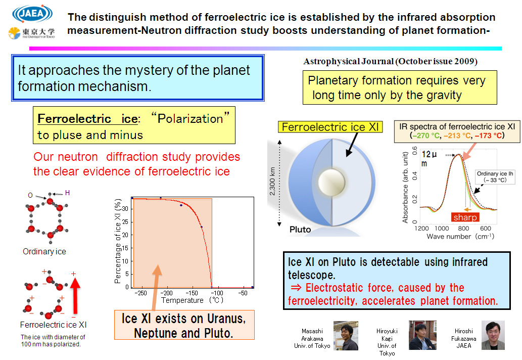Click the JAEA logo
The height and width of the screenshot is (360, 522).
(32, 14)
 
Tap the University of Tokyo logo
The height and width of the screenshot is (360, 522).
(32, 33)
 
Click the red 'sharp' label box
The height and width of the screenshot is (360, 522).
(465, 217)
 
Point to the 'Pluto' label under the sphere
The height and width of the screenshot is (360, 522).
(300, 230)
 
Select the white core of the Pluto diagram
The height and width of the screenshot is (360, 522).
(331, 182)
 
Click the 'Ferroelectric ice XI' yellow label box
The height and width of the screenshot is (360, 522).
(330, 127)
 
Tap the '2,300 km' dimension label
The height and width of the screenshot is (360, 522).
(273, 181)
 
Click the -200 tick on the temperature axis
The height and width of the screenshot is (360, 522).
(166, 293)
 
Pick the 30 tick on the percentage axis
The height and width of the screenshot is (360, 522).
(125, 209)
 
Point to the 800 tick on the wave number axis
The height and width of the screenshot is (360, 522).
(463, 229)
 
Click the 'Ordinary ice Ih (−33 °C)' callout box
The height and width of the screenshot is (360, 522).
(495, 177)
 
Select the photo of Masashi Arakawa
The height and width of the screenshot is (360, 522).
(346, 335)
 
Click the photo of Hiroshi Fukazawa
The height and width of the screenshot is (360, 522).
(493, 335)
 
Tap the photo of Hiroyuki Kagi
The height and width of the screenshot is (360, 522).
(422, 335)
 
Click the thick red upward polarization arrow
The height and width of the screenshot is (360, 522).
(75, 296)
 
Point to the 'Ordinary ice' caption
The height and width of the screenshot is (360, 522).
(44, 251)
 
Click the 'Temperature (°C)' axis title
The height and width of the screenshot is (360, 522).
(192, 300)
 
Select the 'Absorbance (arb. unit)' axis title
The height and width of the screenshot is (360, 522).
(405, 188)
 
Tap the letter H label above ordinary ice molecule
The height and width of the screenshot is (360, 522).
(67, 193)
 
